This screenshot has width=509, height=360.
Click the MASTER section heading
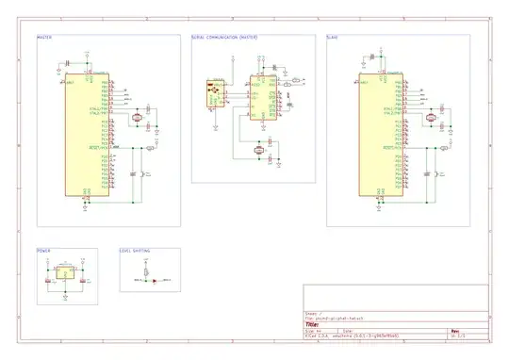(44, 38)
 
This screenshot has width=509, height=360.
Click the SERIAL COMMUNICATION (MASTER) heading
(223, 38)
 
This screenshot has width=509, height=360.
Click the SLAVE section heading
(333, 38)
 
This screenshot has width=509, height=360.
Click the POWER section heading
(43, 251)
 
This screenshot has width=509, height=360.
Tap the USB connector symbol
(213, 93)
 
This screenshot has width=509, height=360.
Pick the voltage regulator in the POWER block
(64, 273)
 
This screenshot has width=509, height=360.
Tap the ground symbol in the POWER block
(64, 294)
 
